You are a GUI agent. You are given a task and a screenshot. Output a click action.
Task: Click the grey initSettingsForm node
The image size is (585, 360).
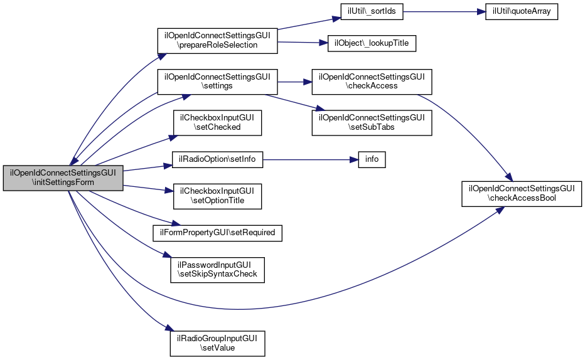63,177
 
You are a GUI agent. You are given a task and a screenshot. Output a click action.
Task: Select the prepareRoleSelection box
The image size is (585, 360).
217,41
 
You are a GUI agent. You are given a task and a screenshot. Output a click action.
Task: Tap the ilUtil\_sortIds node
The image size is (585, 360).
372,11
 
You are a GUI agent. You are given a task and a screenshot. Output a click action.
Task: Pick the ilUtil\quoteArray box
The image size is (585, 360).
521,11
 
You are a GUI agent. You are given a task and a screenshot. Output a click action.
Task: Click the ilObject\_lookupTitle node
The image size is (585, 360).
372,43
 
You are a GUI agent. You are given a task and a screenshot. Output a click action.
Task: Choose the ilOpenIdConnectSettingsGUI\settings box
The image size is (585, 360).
217,82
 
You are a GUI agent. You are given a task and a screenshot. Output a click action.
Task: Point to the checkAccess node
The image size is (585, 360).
372,82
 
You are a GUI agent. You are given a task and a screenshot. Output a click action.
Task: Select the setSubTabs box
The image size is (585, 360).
372,122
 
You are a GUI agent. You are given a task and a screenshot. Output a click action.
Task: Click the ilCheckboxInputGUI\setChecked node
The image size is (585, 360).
217,122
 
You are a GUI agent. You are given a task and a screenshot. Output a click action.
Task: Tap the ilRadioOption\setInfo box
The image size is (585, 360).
217,159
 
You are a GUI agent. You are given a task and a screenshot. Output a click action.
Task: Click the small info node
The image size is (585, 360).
372,159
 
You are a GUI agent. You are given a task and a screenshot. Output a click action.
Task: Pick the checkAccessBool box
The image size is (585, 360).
521,194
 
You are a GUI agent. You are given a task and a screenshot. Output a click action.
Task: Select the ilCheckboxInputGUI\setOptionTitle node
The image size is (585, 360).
217,196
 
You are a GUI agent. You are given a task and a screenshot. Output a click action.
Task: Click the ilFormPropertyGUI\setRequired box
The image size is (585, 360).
217,233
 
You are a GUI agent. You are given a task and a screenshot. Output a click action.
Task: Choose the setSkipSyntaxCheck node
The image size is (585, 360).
217,270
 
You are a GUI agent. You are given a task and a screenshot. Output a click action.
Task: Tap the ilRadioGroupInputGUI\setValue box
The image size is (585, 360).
217,343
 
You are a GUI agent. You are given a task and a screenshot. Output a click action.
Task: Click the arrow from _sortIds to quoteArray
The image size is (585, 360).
444,11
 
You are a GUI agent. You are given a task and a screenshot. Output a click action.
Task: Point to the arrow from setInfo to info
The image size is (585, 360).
311,159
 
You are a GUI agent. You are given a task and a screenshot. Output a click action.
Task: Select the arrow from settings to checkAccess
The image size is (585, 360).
295,82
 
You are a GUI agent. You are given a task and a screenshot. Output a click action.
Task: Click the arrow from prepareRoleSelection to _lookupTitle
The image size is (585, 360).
303,43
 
